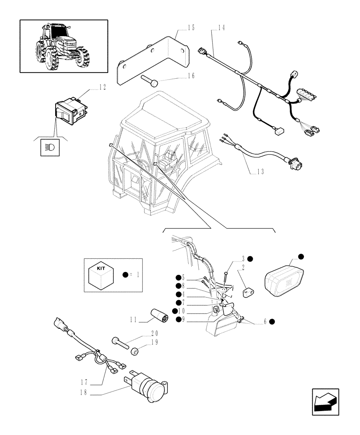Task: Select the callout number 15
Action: click(191, 28)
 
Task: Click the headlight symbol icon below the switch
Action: click(46, 147)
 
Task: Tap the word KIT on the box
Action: click(100, 268)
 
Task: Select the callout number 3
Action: click(244, 258)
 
